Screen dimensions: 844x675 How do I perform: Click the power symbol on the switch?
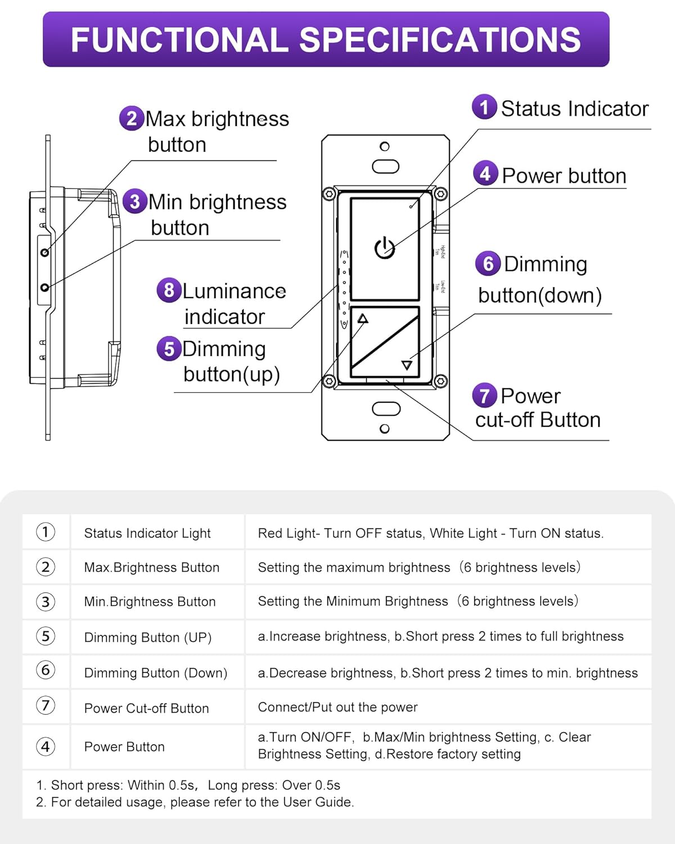pos(385,248)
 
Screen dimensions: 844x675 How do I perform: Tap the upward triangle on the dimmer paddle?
pos(363,319)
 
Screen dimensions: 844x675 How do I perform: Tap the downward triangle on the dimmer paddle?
pos(407,365)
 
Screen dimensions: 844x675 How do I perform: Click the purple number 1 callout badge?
pos(484,107)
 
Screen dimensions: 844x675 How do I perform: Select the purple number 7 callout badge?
pos(484,396)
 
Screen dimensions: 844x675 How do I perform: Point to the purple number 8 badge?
pos(169,290)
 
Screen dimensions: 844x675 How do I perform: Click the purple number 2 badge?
pos(132,119)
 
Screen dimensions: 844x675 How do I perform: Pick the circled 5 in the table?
pos(46,636)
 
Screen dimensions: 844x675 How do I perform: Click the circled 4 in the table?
pos(46,747)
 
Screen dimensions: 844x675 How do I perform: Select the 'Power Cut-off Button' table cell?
pos(146,708)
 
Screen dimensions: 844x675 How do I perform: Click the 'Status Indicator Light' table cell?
pos(147,533)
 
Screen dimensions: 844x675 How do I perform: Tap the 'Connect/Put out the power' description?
pos(337,707)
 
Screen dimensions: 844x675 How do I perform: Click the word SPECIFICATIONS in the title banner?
pos(439,40)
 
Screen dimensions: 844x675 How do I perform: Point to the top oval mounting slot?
pos(385,167)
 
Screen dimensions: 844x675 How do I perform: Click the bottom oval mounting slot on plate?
pos(386,408)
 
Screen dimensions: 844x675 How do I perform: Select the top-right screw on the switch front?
pos(441,194)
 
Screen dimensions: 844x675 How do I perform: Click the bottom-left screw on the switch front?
pos(330,381)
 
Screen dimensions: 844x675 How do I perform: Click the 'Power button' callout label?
pos(564,176)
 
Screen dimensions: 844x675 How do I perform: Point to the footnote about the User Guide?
pos(195,802)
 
